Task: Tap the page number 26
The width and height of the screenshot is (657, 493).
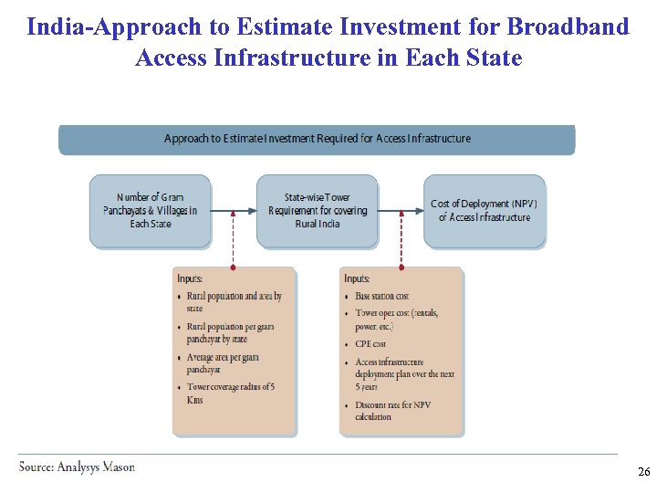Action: pos(643,472)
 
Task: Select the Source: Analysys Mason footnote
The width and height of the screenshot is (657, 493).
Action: pos(78,467)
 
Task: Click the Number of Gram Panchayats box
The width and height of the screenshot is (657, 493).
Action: pos(150,211)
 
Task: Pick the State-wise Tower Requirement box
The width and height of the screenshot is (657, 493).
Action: pos(317,211)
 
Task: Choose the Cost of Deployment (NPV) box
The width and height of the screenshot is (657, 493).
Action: pos(485,211)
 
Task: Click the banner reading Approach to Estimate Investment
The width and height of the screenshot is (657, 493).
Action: pos(317,139)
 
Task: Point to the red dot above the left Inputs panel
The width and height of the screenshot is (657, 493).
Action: pos(234,268)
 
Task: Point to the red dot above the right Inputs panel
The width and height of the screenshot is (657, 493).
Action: pos(401,268)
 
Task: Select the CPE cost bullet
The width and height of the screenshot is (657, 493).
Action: pos(370,344)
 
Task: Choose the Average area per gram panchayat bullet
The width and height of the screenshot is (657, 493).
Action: pos(223,363)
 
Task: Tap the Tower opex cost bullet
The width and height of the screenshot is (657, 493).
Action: pos(396,319)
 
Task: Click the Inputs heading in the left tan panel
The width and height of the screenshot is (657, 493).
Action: pos(190,278)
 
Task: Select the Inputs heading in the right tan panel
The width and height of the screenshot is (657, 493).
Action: pos(357,278)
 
